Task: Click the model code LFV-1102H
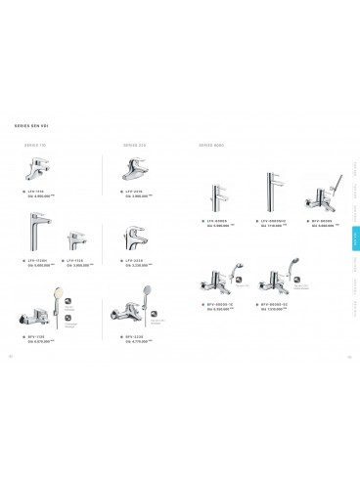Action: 35,261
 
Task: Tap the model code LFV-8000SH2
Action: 279,219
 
